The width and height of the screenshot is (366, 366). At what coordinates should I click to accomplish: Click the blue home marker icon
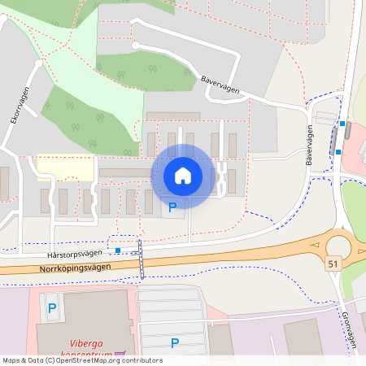[183, 176]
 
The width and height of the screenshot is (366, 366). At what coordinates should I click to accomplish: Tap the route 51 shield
[333, 264]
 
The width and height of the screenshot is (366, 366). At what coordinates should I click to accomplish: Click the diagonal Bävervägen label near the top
[220, 85]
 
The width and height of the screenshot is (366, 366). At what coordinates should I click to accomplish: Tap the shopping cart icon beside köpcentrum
[120, 354]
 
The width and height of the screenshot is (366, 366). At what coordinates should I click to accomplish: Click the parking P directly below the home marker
[172, 208]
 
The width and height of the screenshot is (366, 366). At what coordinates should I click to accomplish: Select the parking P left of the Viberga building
[52, 308]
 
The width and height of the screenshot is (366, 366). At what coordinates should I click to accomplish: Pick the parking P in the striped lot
[174, 342]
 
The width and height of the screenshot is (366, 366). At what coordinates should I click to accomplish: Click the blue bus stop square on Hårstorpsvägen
[118, 251]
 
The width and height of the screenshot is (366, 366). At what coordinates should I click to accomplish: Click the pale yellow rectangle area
[65, 167]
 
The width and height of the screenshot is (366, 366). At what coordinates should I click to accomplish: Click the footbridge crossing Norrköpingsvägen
[141, 259]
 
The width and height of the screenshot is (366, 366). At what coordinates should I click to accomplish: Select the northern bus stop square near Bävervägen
[342, 124]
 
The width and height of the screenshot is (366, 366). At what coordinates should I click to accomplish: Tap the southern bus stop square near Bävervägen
[338, 151]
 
